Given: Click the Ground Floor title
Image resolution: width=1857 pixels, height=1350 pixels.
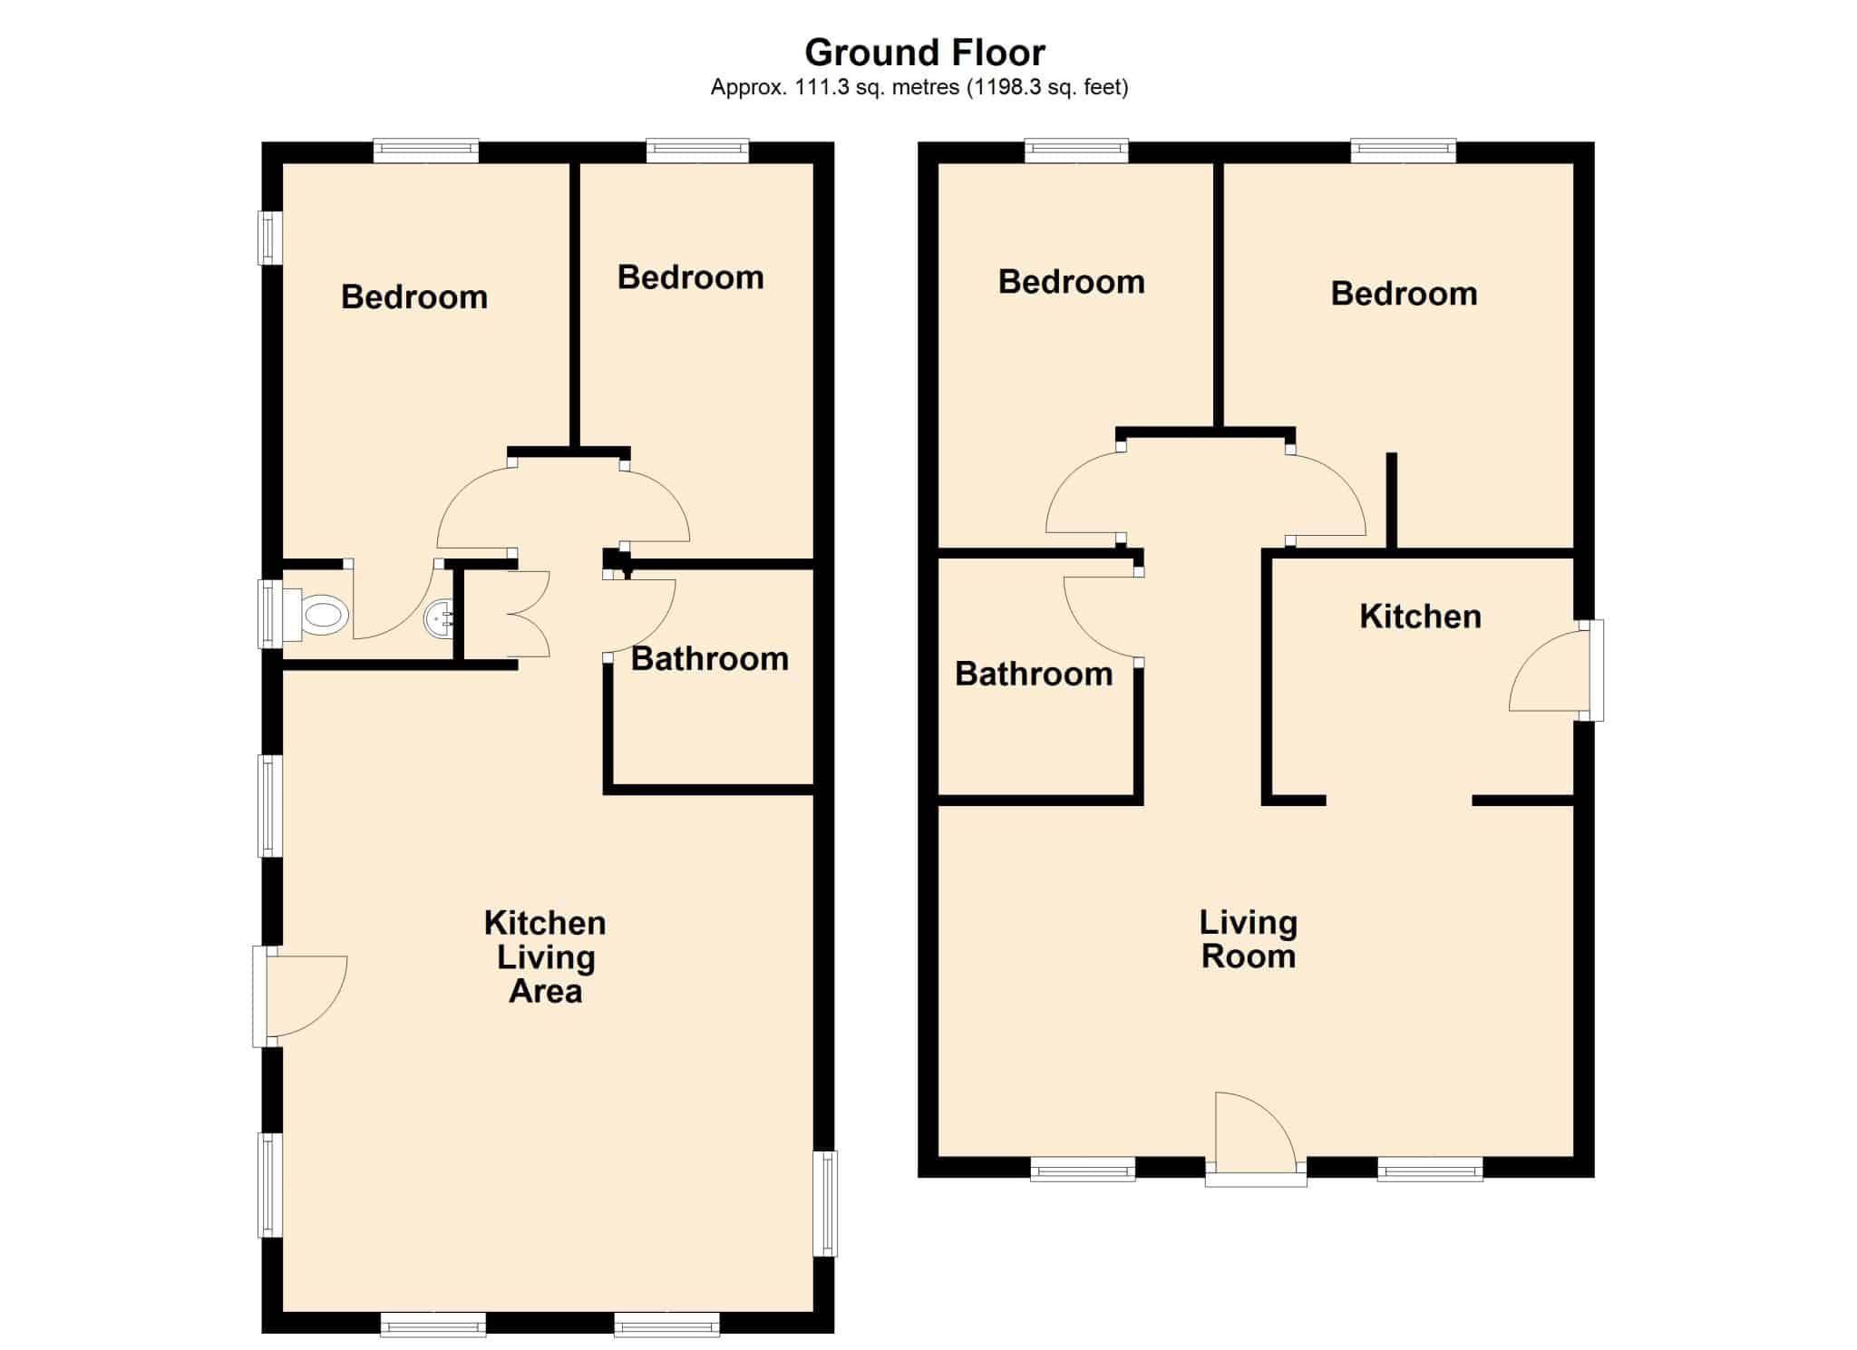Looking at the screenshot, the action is point(924,53).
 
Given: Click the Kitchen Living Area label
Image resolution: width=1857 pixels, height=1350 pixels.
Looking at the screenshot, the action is point(545,957).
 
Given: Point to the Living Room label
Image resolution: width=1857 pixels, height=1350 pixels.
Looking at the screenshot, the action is point(1249,939).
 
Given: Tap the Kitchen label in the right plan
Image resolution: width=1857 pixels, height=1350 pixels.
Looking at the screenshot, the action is point(1420,617).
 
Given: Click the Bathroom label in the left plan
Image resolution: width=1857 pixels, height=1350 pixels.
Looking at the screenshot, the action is point(709,659).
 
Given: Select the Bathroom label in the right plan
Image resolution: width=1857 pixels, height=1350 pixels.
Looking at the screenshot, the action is point(1034,674).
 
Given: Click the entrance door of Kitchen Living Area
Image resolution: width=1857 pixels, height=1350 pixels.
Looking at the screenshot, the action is point(306,996).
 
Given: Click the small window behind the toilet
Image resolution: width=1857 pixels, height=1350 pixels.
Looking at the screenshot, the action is point(270,615).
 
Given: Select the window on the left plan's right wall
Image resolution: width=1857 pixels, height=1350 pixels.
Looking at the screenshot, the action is point(825,1203).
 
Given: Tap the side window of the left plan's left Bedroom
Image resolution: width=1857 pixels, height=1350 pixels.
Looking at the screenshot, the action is point(270,238).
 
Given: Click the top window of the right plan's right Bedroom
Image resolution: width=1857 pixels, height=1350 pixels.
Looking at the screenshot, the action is point(1404,151).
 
